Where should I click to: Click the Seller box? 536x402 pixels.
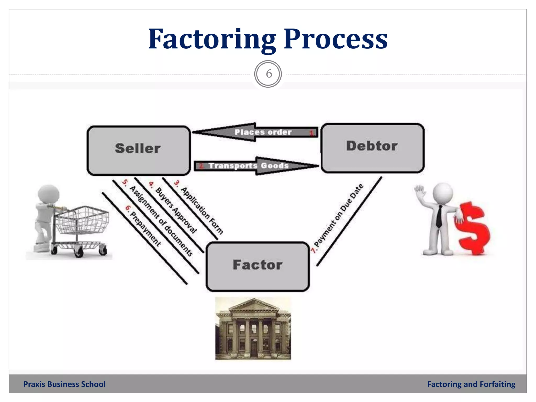(138, 150)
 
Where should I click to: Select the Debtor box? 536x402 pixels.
(372, 148)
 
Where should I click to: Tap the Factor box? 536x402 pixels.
(258, 266)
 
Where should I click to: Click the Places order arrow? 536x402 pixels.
(255, 132)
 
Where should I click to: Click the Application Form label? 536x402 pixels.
(202, 210)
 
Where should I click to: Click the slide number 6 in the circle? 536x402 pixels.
(268, 74)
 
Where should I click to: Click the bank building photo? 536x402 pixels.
(253, 329)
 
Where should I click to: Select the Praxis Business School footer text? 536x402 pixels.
(64, 384)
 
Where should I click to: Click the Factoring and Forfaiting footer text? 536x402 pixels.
(471, 384)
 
